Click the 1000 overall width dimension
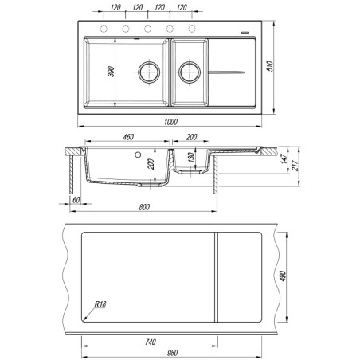click(x=170, y=122)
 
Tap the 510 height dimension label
click(x=270, y=66)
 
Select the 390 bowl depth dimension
click(x=112, y=72)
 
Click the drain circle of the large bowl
click(x=149, y=72)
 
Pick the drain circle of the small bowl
click(x=190, y=72)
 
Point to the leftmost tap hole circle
click(x=104, y=29)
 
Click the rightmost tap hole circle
click(x=192, y=29)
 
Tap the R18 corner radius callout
click(x=100, y=304)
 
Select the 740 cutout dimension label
click(x=151, y=342)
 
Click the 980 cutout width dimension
click(x=172, y=353)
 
